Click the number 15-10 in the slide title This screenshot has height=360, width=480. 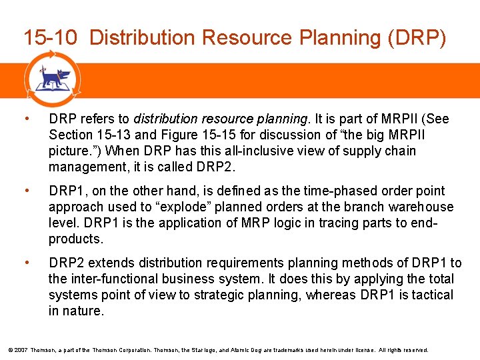point(51,38)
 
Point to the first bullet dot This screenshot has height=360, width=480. point(26,119)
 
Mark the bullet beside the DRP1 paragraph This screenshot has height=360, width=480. point(26,191)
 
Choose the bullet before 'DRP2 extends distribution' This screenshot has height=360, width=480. point(26,263)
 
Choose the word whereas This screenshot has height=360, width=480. point(329,295)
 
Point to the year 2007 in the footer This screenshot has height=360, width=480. point(19,350)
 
